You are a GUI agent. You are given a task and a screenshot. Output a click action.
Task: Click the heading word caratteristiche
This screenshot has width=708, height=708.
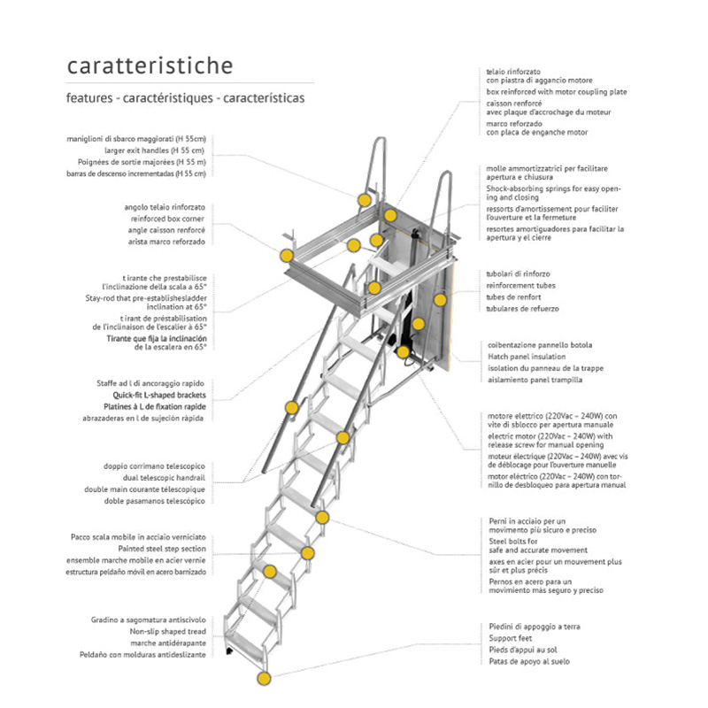(x=150, y=66)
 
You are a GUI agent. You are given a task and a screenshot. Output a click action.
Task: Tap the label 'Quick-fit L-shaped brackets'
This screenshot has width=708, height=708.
(x=160, y=395)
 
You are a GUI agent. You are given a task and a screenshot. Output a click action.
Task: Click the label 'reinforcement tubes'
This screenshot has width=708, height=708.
(x=522, y=286)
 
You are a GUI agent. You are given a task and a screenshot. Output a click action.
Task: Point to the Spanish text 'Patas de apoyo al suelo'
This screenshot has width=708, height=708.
(x=529, y=661)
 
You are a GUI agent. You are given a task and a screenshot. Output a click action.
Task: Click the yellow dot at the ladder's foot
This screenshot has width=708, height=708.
(x=263, y=679)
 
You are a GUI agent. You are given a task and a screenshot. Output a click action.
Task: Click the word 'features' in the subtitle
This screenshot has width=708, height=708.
(x=88, y=98)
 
